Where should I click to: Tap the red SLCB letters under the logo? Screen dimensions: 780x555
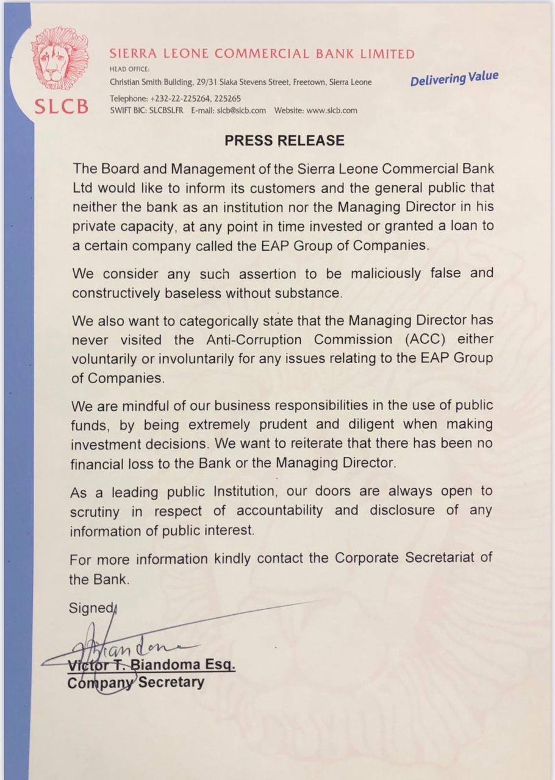[x=61, y=106]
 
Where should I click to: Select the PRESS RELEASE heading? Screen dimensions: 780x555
[x=284, y=141]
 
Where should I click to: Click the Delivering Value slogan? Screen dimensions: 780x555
[x=454, y=79]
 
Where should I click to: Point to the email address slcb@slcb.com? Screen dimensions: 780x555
[x=242, y=111]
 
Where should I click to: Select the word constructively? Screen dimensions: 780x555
[x=115, y=292]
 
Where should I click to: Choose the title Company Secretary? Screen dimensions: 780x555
[x=135, y=682]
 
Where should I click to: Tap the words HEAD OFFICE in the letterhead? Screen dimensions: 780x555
[x=126, y=69]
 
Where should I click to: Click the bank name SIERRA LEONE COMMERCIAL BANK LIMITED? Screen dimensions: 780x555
[x=262, y=54]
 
